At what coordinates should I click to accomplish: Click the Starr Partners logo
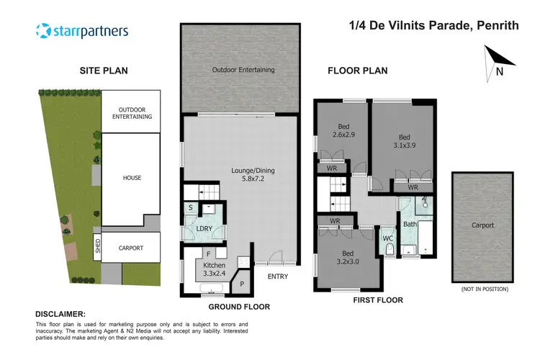[81, 31]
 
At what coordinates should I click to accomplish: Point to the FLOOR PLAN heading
[358, 71]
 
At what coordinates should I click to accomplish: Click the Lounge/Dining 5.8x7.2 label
[248, 175]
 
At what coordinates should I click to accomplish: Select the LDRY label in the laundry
[204, 229]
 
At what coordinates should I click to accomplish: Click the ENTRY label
[277, 276]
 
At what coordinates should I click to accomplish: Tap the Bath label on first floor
[410, 225]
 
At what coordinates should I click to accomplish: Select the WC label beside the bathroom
[387, 237]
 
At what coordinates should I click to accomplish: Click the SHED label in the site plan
[98, 248]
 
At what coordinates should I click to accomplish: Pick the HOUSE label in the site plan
[132, 178]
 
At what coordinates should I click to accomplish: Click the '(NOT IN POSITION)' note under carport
[482, 289]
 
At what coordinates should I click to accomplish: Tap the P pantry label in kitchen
[243, 284]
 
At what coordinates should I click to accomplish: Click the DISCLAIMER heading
[60, 315]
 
